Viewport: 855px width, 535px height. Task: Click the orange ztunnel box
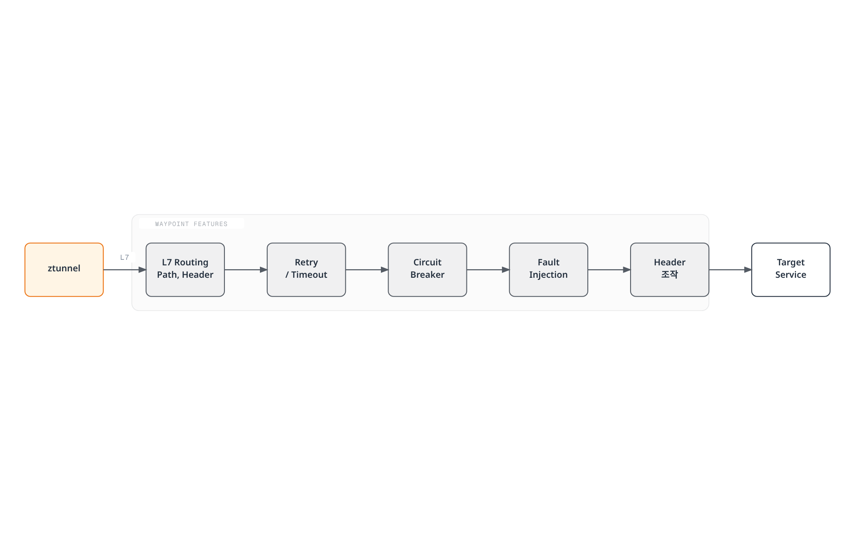tap(64, 270)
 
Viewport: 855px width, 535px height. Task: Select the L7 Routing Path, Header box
tap(185, 270)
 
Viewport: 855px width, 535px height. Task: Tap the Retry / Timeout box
tap(306, 270)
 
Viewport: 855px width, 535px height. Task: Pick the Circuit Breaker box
tap(427, 270)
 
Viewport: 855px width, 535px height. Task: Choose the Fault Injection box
tap(548, 270)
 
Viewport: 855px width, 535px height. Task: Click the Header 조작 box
tap(669, 270)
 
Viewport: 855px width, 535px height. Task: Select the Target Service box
tap(791, 270)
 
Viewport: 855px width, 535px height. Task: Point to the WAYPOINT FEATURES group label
tap(191, 224)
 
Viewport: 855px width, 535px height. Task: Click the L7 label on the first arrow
tap(124, 257)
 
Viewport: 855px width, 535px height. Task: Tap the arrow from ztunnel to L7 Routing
tap(125, 270)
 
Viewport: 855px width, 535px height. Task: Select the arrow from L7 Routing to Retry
tap(246, 270)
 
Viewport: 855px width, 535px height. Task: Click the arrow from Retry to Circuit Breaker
tap(367, 270)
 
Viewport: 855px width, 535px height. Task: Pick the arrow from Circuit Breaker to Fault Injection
tap(488, 270)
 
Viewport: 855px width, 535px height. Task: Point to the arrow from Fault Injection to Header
tap(609, 270)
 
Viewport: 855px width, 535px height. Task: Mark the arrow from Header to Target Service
tap(730, 270)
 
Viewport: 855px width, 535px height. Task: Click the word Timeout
tap(309, 275)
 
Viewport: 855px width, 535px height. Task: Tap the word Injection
tap(548, 275)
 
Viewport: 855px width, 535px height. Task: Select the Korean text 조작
tap(669, 274)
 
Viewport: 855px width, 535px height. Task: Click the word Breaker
tap(427, 275)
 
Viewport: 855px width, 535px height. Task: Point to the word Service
tap(791, 275)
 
